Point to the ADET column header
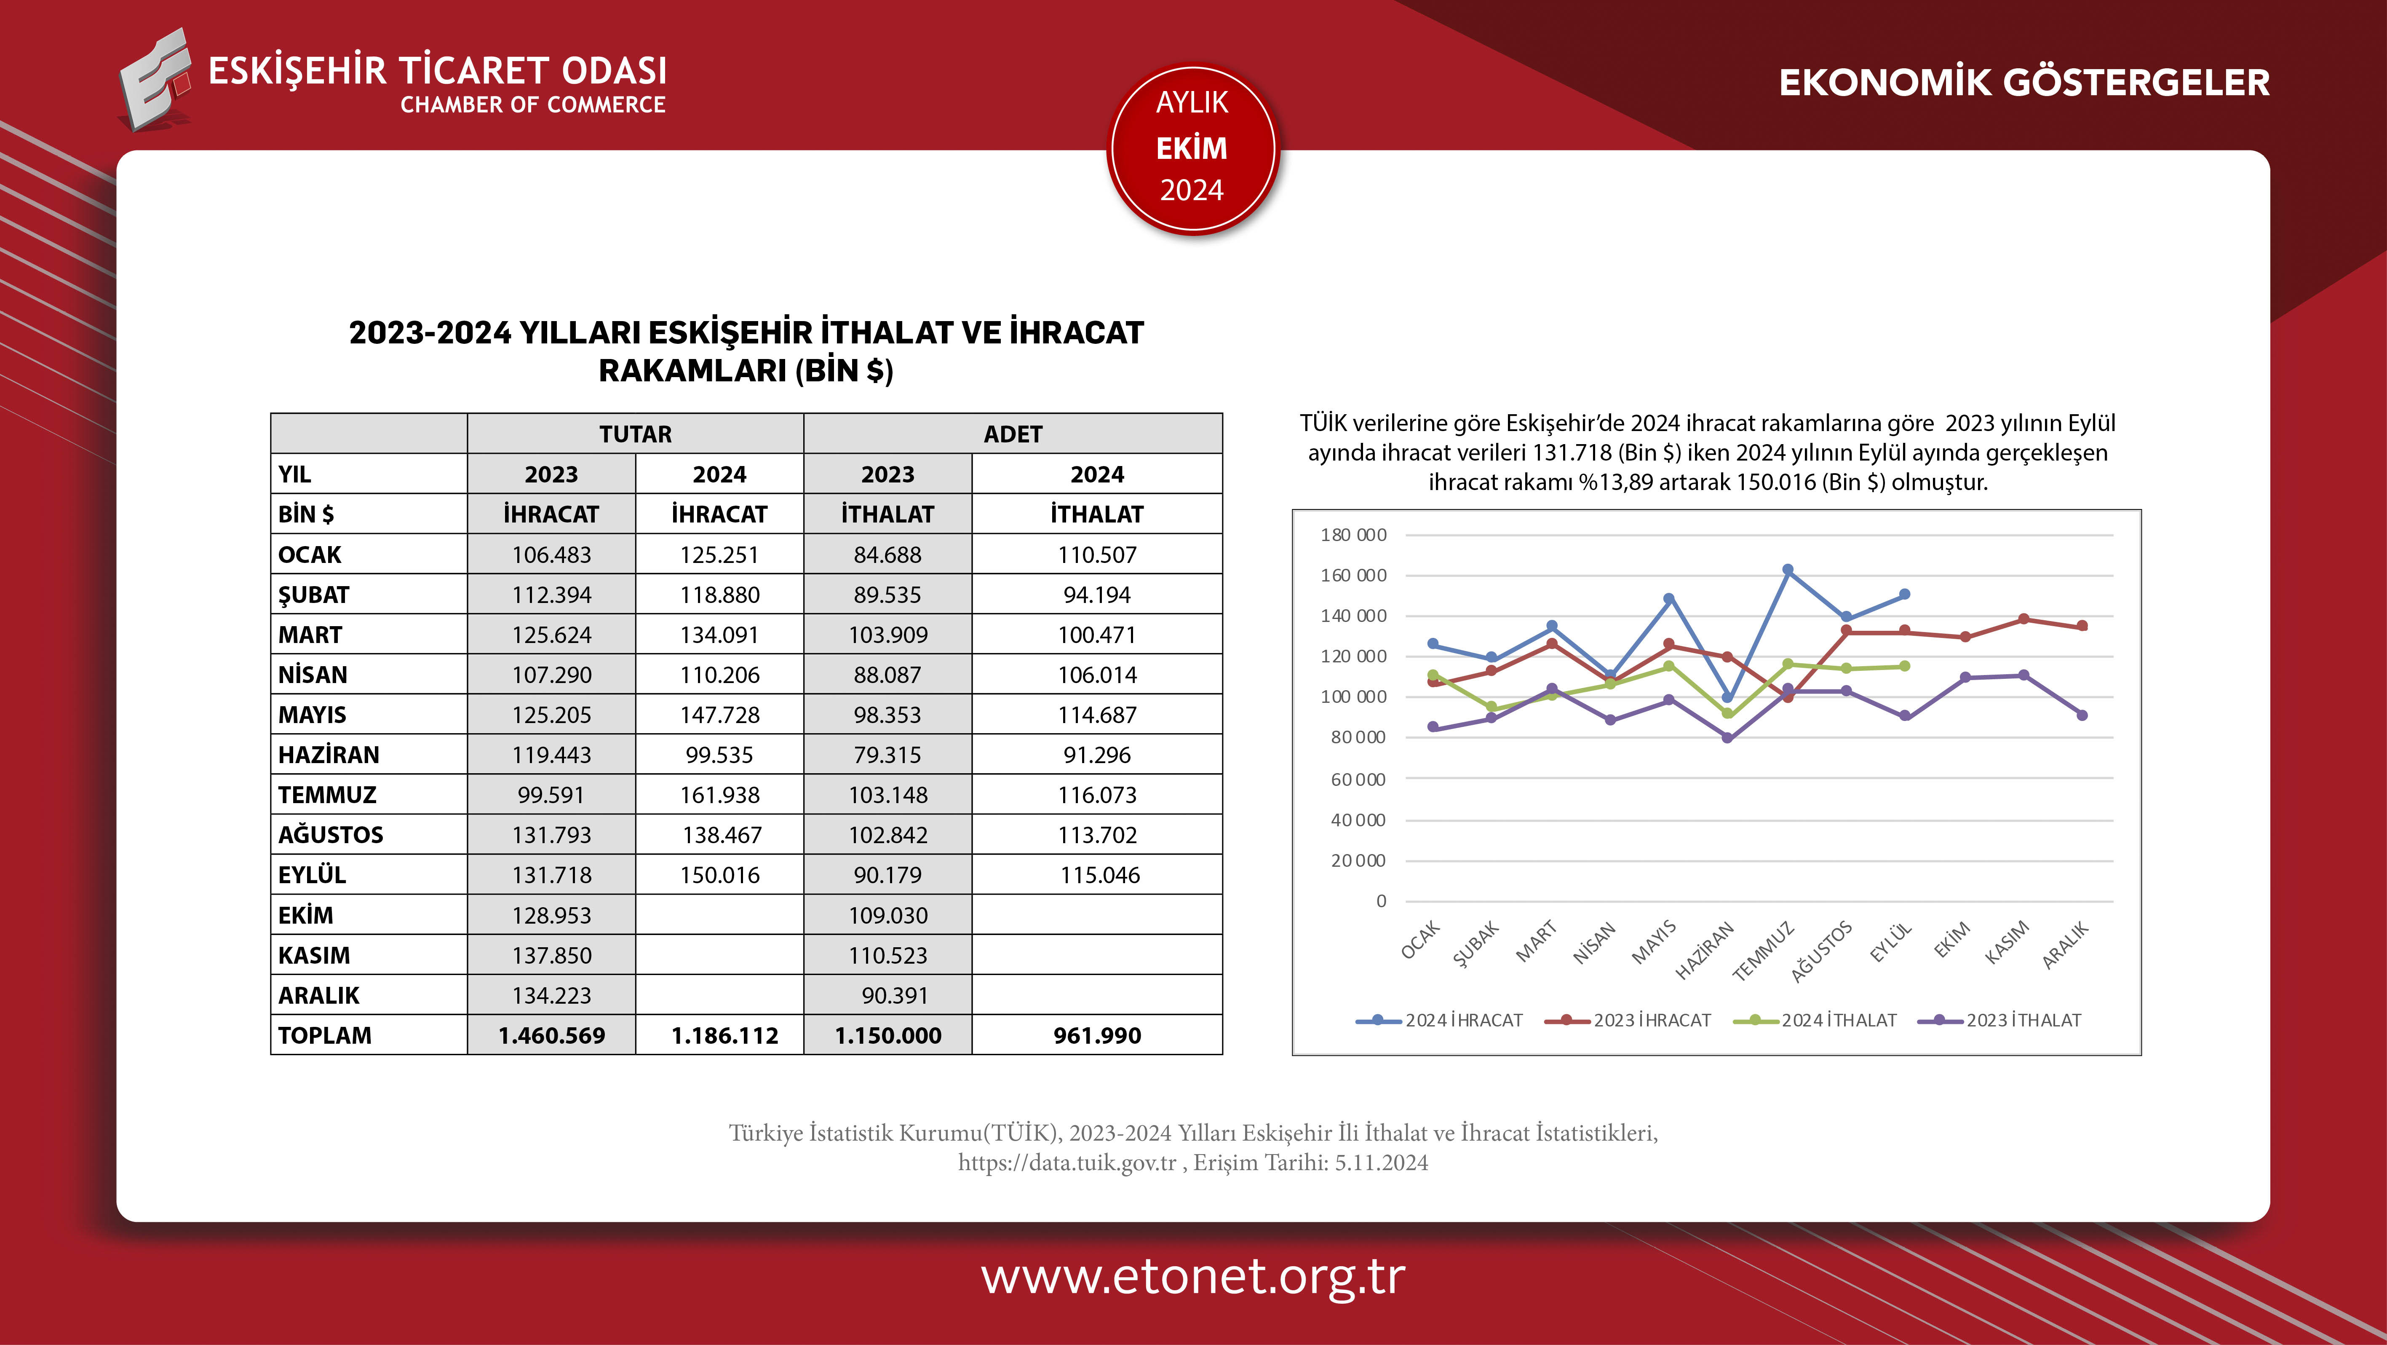[x=1013, y=434]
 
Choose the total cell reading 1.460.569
[x=551, y=1035]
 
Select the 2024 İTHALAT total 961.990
[x=1097, y=1035]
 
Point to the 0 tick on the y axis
[x=1381, y=901]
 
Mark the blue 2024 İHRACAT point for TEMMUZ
[x=1788, y=570]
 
